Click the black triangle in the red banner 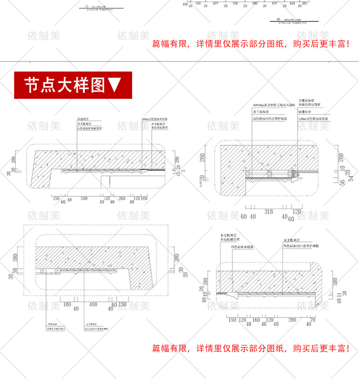tap(115, 85)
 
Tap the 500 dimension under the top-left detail tap(84, 199)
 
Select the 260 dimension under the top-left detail tap(122, 199)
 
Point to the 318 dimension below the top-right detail tap(268, 211)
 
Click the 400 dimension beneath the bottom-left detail tap(93, 304)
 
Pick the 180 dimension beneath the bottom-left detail tap(67, 304)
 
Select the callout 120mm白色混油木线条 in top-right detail tap(314, 119)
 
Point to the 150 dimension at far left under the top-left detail tap(56, 199)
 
